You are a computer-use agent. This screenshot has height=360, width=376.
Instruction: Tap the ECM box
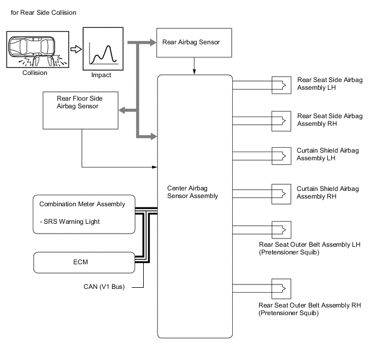click(84, 262)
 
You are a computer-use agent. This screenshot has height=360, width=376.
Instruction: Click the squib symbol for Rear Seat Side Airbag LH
click(281, 84)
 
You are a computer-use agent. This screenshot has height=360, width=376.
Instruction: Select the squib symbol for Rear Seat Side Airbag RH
click(281, 119)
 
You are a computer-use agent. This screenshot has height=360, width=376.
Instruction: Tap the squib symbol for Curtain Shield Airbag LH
click(281, 155)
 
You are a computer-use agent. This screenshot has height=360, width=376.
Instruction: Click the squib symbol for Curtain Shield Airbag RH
click(281, 192)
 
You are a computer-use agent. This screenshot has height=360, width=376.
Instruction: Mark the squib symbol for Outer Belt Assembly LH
click(281, 229)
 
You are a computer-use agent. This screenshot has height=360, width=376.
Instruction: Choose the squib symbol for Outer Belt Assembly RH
click(281, 287)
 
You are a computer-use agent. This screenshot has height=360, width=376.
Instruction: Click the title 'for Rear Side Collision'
click(40, 12)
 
